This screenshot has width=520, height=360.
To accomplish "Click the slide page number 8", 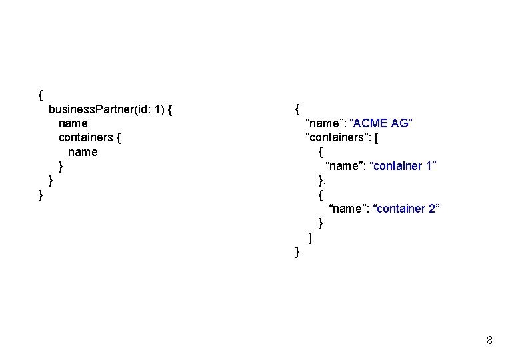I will coord(490,341).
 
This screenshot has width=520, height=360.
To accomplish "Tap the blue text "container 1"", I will coord(403,166).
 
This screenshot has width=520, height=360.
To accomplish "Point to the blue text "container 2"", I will coord(407,209).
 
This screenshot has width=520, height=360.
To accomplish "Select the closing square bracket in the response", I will coord(311,237).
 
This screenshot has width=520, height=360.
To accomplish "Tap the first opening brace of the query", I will coord(41,95).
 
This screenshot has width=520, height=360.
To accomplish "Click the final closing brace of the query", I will coord(41,195).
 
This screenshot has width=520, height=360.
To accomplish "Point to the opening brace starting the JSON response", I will coord(297,109).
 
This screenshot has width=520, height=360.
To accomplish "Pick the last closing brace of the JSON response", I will coord(297,251).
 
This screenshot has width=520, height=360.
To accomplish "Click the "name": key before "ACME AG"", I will coord(325,123).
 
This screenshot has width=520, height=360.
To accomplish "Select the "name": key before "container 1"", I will coord(345,166).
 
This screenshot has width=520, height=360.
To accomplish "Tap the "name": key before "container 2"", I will coord(349,209).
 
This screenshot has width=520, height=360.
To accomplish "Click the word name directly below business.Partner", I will coord(73,123).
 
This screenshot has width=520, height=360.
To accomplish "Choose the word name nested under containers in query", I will coord(83,152).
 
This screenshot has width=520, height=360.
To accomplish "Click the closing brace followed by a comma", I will coord(322,180).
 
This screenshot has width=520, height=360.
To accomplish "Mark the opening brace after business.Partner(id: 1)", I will coord(171,109).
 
